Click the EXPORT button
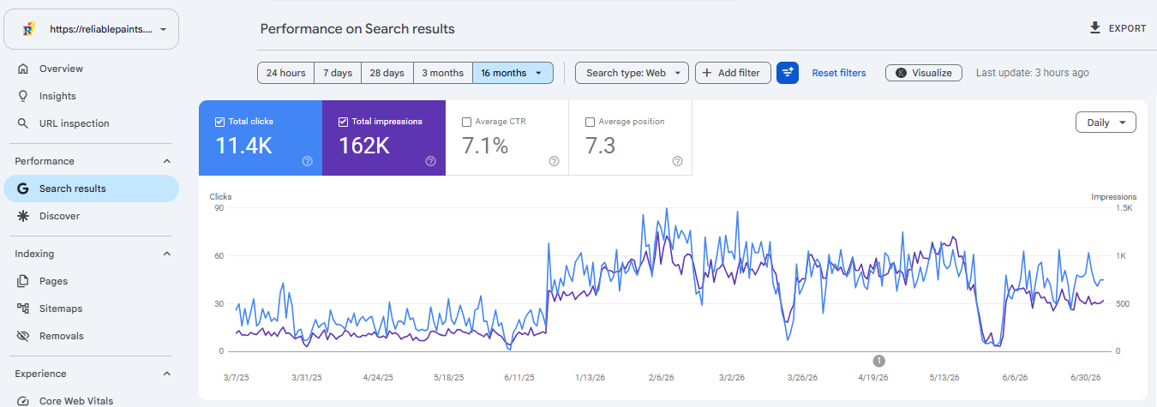(1118, 28)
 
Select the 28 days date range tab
(387, 73)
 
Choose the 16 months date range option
(513, 73)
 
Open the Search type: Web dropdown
(632, 73)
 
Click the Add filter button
(733, 73)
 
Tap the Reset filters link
(839, 73)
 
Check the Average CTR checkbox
(466, 122)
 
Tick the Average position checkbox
(590, 122)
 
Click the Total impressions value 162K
(364, 146)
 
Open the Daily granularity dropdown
(1106, 123)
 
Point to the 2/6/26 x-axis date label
(661, 378)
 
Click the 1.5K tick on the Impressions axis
(1124, 208)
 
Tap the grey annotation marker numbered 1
(878, 361)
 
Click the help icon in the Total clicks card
(308, 161)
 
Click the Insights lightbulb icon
(23, 96)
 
